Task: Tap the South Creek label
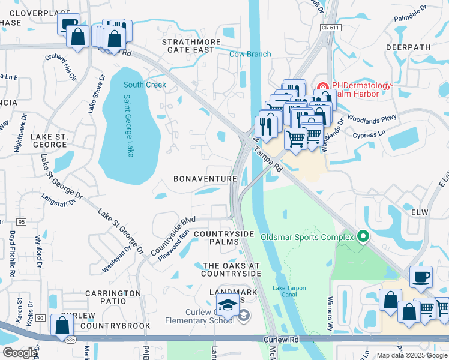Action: pyautogui.click(x=145, y=85)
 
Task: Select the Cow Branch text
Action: pyautogui.click(x=250, y=54)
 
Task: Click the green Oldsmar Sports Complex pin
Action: pyautogui.click(x=362, y=236)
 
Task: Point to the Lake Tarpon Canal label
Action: pyautogui.click(x=289, y=292)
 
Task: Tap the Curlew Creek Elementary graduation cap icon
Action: pyautogui.click(x=228, y=305)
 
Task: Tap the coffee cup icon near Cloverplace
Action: pyautogui.click(x=69, y=24)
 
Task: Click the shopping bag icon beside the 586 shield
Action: pyautogui.click(x=62, y=325)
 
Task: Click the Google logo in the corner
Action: pyautogui.click(x=20, y=353)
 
